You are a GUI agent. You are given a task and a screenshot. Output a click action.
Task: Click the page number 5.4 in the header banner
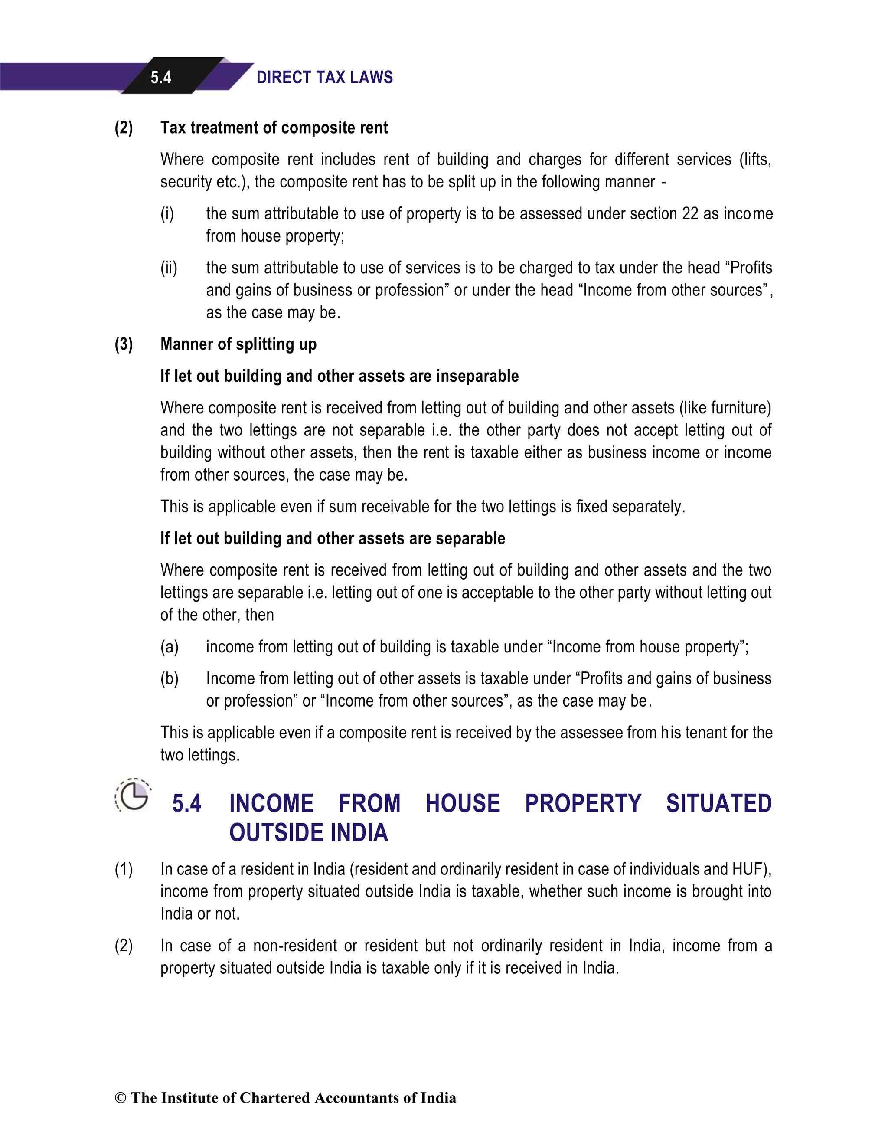(160, 78)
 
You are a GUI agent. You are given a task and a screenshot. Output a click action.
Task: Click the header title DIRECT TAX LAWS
(324, 78)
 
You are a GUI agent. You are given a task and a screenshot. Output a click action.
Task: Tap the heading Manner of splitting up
(238, 344)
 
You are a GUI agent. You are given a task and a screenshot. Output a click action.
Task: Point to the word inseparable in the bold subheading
(477, 376)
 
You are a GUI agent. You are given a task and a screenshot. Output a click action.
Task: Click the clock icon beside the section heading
(133, 796)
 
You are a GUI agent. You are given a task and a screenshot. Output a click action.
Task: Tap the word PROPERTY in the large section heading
(583, 803)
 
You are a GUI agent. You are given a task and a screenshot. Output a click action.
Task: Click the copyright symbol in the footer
(120, 1098)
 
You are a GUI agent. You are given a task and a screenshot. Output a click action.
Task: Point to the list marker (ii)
(169, 268)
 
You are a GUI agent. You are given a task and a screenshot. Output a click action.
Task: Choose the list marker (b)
(170, 678)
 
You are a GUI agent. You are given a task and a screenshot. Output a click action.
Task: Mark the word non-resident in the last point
(295, 946)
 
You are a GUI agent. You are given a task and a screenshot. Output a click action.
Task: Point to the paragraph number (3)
(124, 344)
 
